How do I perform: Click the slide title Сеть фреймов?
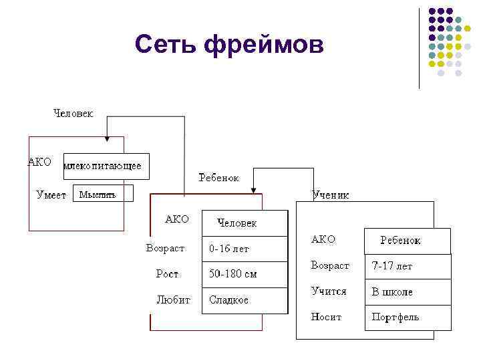(x=228, y=45)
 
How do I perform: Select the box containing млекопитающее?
(x=106, y=166)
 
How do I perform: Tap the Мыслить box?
(x=102, y=194)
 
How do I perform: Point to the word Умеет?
(x=51, y=195)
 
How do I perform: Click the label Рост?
(x=167, y=274)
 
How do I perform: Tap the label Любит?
(x=173, y=299)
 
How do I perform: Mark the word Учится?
(x=329, y=291)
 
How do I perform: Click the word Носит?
(x=326, y=317)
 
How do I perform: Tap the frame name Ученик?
(x=330, y=195)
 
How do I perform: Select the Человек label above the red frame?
(x=73, y=113)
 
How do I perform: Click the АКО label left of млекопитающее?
(x=39, y=162)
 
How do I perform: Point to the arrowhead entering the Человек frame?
(x=106, y=139)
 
